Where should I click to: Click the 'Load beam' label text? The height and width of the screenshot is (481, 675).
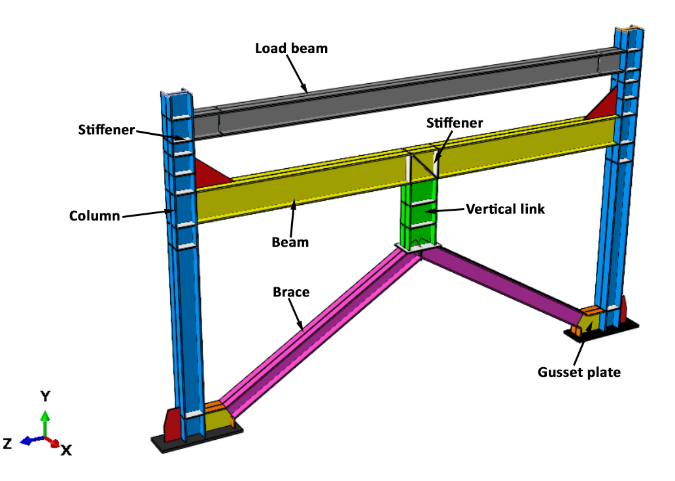[x=291, y=48]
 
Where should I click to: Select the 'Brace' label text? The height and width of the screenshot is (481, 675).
[x=291, y=292]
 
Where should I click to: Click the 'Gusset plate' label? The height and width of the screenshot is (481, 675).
[x=579, y=372]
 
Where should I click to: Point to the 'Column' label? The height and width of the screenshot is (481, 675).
[x=94, y=215]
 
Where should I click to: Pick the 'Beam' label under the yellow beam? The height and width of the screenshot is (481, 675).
[x=290, y=242]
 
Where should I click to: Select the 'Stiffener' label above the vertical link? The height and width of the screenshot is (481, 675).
[x=455, y=123]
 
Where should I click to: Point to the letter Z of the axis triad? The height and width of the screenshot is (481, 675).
[x=7, y=444]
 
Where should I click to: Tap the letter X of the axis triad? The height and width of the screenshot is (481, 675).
[x=66, y=450]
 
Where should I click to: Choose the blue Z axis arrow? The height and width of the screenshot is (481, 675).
[x=29, y=441]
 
